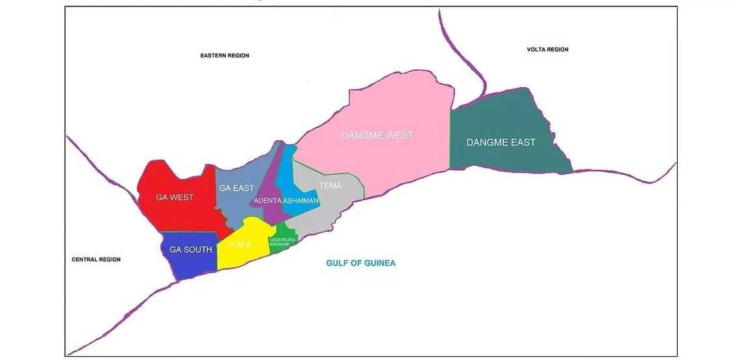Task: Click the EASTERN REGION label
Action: click(224, 56)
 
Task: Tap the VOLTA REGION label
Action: click(547, 50)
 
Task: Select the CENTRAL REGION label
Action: click(96, 260)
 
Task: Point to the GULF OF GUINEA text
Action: click(360, 263)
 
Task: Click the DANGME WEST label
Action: click(377, 136)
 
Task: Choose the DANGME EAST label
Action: click(501, 142)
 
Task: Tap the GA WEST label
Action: click(174, 197)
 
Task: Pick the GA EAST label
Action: click(237, 188)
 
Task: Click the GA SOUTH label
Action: click(190, 250)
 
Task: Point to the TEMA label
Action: click(330, 186)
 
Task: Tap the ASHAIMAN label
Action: click(300, 201)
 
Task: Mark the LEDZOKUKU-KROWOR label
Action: click(283, 242)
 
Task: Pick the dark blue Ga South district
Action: click(189, 264)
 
